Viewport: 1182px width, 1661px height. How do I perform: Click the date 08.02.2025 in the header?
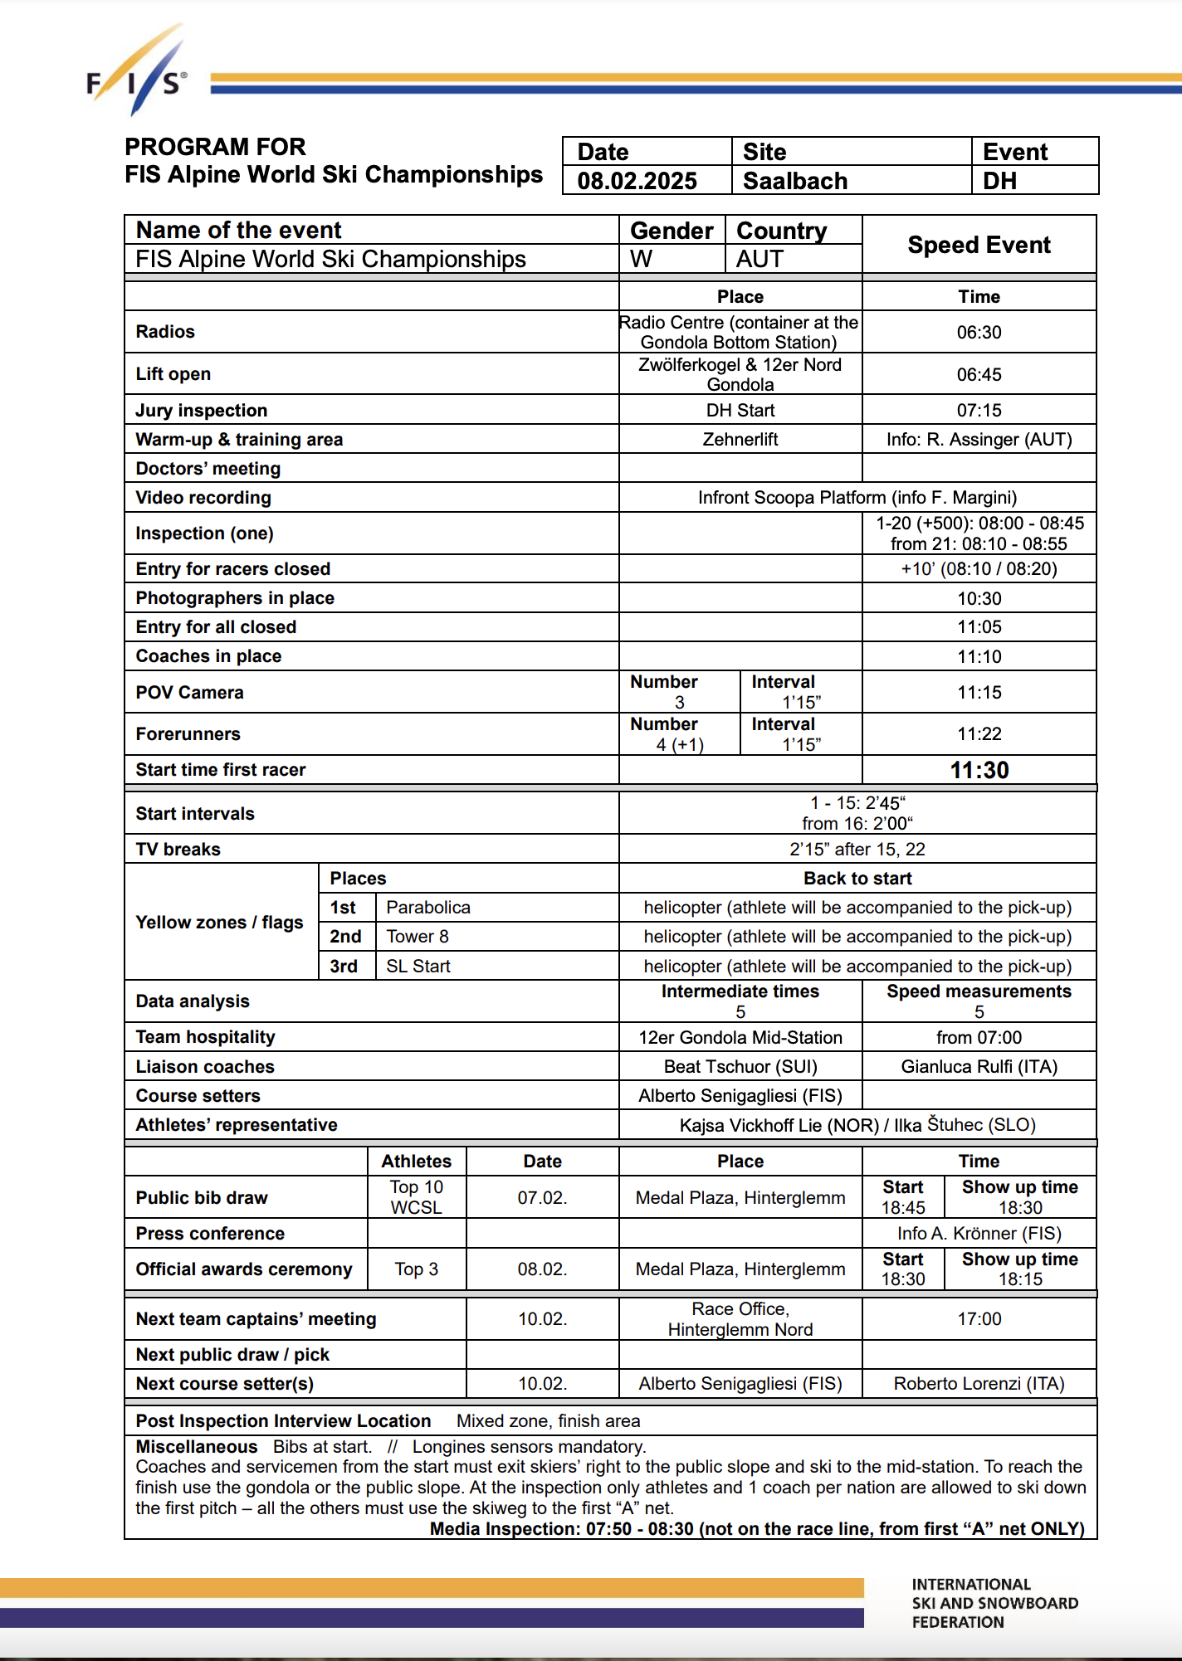(637, 181)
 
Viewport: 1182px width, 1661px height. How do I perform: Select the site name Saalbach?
(794, 181)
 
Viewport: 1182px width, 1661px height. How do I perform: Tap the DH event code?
(999, 181)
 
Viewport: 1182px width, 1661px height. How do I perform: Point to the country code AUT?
(760, 259)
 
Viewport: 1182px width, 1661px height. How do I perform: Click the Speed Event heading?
(979, 245)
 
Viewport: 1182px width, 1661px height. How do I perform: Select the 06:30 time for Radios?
(979, 333)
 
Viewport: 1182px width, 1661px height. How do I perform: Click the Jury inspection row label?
(202, 411)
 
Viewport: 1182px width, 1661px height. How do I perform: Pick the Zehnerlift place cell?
(740, 440)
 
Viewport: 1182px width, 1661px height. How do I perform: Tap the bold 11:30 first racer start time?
(979, 770)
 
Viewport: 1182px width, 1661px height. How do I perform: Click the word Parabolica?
(428, 908)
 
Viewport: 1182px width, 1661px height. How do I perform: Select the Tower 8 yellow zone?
(418, 937)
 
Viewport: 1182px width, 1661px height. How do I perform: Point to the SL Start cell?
(418, 967)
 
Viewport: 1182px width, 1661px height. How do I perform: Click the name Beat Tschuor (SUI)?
(740, 1067)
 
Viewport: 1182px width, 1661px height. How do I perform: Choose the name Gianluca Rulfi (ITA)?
(979, 1067)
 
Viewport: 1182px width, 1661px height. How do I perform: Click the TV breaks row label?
(178, 850)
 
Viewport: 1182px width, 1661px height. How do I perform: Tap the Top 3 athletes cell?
(417, 1269)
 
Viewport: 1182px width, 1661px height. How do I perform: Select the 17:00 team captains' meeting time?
(979, 1319)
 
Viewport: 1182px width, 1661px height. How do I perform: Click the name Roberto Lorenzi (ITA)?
(979, 1384)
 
